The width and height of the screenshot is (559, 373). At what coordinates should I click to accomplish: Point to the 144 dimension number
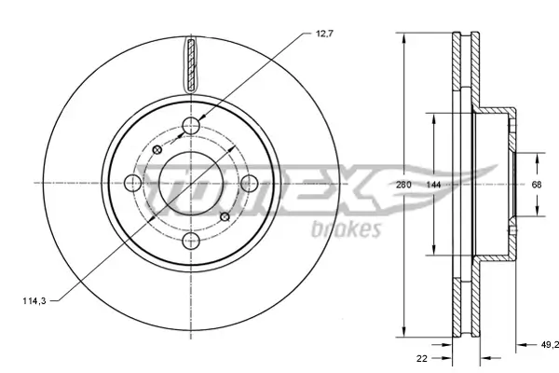pyautogui.click(x=433, y=186)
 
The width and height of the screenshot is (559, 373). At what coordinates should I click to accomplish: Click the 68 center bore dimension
pyautogui.click(x=537, y=186)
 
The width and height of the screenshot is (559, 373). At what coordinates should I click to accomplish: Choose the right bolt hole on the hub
pyautogui.click(x=249, y=185)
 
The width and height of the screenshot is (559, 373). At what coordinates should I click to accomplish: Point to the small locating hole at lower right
pyautogui.click(x=224, y=217)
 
